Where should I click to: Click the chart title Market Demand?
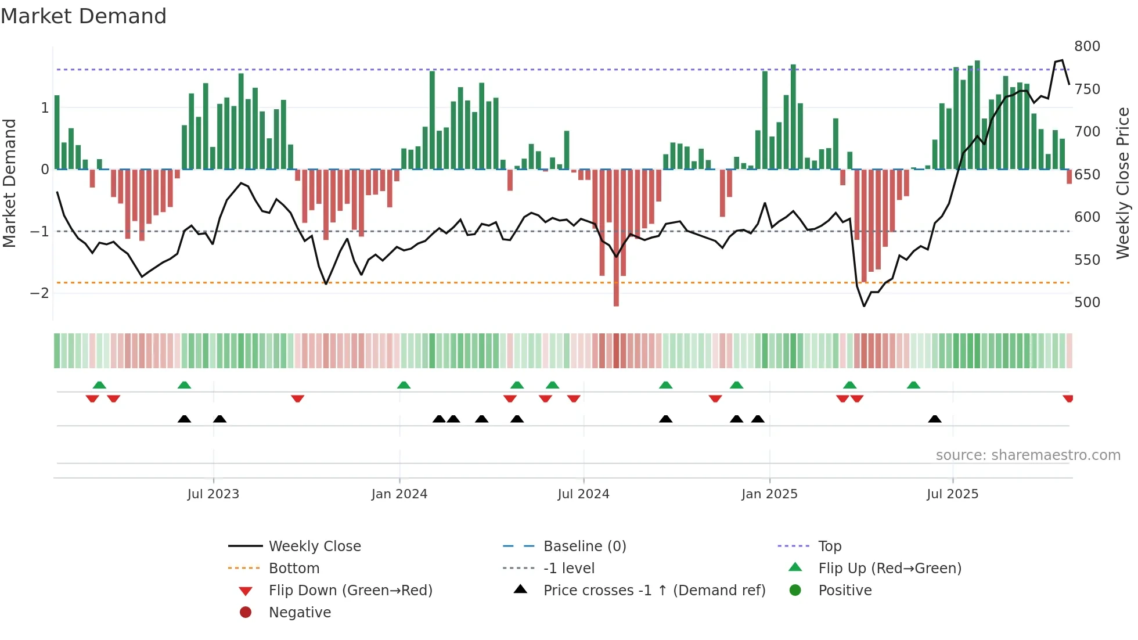(84, 16)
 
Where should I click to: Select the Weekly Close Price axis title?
(1123, 183)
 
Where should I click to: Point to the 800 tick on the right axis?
(1087, 46)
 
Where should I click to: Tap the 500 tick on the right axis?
(1087, 303)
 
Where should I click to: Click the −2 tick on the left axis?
(39, 293)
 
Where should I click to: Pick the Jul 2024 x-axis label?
(583, 494)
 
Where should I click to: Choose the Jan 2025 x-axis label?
(769, 494)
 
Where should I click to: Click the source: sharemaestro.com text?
(1028, 455)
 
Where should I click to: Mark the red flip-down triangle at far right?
(1068, 398)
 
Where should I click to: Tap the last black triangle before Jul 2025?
(934, 419)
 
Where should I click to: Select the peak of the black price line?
(1062, 60)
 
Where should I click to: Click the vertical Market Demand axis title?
(9, 183)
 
